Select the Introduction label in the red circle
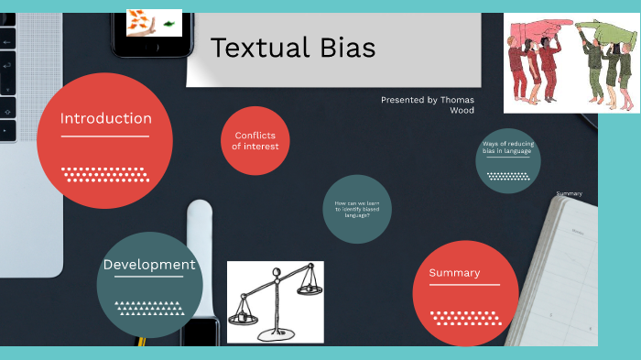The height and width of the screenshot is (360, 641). click(x=105, y=118)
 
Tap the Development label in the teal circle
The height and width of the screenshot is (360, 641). click(x=149, y=266)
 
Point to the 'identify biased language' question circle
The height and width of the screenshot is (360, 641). click(x=357, y=209)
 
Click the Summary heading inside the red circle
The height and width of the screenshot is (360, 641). click(x=454, y=273)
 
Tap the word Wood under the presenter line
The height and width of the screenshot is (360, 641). click(x=462, y=111)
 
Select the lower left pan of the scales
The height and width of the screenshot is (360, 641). click(x=242, y=317)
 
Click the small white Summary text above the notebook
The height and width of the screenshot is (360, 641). click(x=569, y=194)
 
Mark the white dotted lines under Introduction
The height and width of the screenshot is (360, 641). click(x=103, y=174)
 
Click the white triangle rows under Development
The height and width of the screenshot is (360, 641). click(x=149, y=307)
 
